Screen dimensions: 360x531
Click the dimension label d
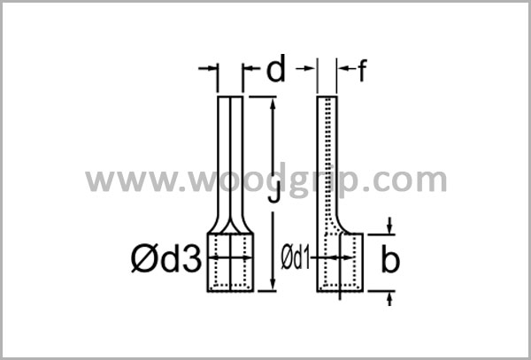(x=276, y=69)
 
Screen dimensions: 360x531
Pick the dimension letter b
(x=389, y=261)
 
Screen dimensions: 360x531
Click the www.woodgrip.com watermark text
(x=265, y=180)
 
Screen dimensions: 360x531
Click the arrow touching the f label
(x=344, y=67)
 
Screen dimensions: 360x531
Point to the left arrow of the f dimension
(x=309, y=67)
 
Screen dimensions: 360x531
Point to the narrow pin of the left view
(x=230, y=150)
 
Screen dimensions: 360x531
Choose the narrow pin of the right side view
(x=327, y=150)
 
